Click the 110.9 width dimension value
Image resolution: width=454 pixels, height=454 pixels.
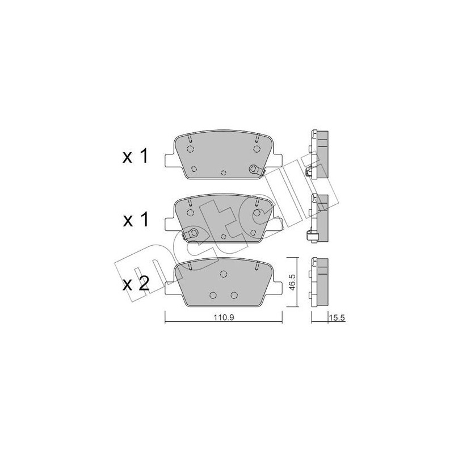[x=224, y=317]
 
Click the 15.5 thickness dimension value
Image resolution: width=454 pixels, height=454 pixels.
[x=337, y=318]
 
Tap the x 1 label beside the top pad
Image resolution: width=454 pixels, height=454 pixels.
[x=136, y=157]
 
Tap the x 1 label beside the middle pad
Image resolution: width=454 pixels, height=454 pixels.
[x=136, y=220]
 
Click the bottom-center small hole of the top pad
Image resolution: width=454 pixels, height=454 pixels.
[x=223, y=173]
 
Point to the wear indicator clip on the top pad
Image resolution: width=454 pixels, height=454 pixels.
[x=257, y=170]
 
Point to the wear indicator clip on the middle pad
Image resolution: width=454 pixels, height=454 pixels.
[x=190, y=233]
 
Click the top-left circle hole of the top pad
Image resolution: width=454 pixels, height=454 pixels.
[x=190, y=149]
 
